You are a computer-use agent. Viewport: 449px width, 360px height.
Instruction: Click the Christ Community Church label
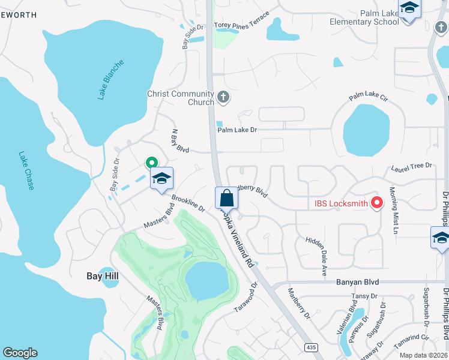click(x=181, y=98)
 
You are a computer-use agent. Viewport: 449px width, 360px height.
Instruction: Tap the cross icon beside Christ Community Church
click(x=223, y=97)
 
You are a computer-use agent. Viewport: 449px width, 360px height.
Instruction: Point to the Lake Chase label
click(x=26, y=167)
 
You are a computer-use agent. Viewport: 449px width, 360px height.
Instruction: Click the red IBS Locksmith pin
click(x=377, y=203)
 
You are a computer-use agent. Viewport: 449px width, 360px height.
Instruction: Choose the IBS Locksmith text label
click(x=341, y=203)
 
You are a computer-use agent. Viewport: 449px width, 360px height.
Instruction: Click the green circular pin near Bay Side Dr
click(x=151, y=162)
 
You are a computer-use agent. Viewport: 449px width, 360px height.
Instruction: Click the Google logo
click(x=20, y=353)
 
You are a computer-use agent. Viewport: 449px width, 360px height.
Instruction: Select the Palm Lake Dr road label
click(x=237, y=130)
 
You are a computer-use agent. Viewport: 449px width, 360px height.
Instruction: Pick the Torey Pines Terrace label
click(x=242, y=26)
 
